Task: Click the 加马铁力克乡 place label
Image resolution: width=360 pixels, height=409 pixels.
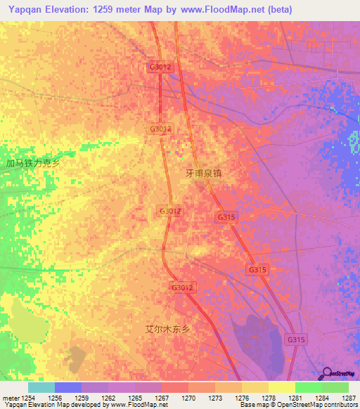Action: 33,164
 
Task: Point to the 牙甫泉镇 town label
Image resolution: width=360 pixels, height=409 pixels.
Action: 203,172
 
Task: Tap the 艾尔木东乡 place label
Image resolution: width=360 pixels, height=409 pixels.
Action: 167,329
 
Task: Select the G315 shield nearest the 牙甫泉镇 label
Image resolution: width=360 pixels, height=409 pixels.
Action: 226,218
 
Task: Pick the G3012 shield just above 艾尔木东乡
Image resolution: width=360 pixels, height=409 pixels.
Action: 181,287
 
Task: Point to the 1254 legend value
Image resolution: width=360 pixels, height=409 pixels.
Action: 28,397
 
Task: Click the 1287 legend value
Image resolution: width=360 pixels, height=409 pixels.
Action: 349,397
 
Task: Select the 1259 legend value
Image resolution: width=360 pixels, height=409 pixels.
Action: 82,397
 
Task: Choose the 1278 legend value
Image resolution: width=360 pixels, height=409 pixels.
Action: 269,397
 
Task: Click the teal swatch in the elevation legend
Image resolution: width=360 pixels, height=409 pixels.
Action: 41,387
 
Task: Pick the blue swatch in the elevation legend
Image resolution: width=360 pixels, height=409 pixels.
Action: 68,387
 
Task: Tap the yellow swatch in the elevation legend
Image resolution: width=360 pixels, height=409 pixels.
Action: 281,387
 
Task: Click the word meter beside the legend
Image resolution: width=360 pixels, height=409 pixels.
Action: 10,397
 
